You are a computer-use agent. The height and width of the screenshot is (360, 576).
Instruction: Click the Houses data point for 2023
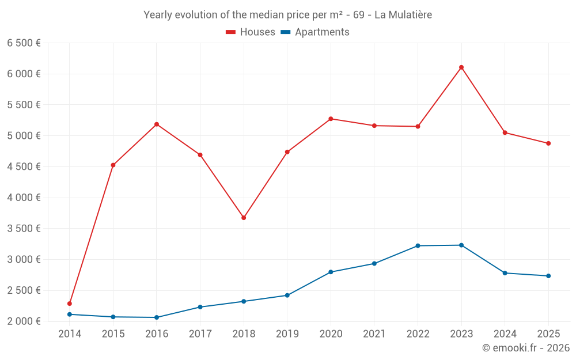[461, 67]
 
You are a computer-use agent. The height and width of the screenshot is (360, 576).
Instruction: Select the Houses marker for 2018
[244, 218]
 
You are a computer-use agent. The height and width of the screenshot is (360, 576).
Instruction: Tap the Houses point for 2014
[70, 304]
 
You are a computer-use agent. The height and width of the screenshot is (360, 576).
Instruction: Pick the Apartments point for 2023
[461, 245]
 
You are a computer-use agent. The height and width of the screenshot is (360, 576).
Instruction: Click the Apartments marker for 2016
[157, 317]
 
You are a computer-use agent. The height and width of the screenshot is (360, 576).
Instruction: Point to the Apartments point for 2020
[331, 272]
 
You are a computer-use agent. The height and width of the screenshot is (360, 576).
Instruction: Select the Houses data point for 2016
[157, 124]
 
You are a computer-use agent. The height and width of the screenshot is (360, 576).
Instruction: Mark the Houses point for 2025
[548, 143]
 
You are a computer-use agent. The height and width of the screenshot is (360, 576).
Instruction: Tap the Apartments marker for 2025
[548, 276]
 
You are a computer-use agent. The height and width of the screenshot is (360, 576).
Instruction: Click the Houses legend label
[257, 32]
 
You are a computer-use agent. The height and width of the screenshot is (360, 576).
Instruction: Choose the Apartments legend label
[322, 32]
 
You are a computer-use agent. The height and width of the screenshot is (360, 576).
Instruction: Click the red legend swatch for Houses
[231, 32]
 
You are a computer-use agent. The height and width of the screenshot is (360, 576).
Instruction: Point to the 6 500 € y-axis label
[24, 43]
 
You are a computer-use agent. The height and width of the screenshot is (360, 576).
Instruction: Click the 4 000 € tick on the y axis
[24, 198]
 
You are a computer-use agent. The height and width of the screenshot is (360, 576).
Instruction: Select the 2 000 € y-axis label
[24, 321]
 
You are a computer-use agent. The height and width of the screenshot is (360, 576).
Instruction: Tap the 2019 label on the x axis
[287, 334]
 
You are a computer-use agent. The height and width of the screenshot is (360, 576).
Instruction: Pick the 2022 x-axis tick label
[418, 334]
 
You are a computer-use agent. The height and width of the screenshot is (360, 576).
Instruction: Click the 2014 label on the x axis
[70, 334]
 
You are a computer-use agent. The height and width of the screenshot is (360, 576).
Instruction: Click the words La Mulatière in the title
[403, 15]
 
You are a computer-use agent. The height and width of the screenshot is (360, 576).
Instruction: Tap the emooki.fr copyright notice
[525, 348]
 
